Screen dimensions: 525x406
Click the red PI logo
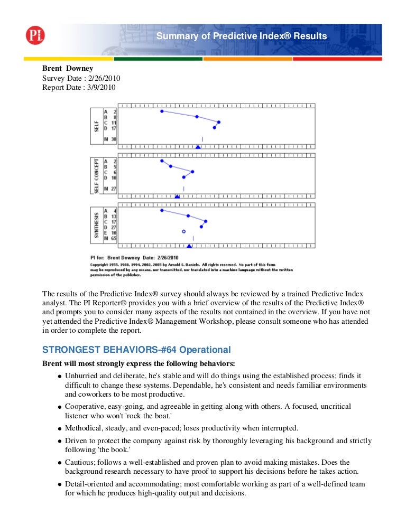[x=35, y=35]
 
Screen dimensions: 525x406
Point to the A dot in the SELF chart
[x=162, y=111]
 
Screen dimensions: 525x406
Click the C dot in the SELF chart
[x=218, y=122]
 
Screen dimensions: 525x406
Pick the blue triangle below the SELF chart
[x=198, y=146]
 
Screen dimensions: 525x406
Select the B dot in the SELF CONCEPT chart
[x=171, y=166]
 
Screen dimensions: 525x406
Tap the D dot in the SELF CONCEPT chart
[x=183, y=177]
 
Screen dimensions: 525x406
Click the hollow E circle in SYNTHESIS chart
[x=183, y=231]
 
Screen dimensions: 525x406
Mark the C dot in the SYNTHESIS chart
[x=206, y=221]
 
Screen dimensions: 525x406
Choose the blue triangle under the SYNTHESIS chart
[x=189, y=246]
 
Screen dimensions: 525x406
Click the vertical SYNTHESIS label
[x=97, y=224]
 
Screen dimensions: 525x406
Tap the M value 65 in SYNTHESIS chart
[x=114, y=238]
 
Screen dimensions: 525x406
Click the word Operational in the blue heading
[x=203, y=350]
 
